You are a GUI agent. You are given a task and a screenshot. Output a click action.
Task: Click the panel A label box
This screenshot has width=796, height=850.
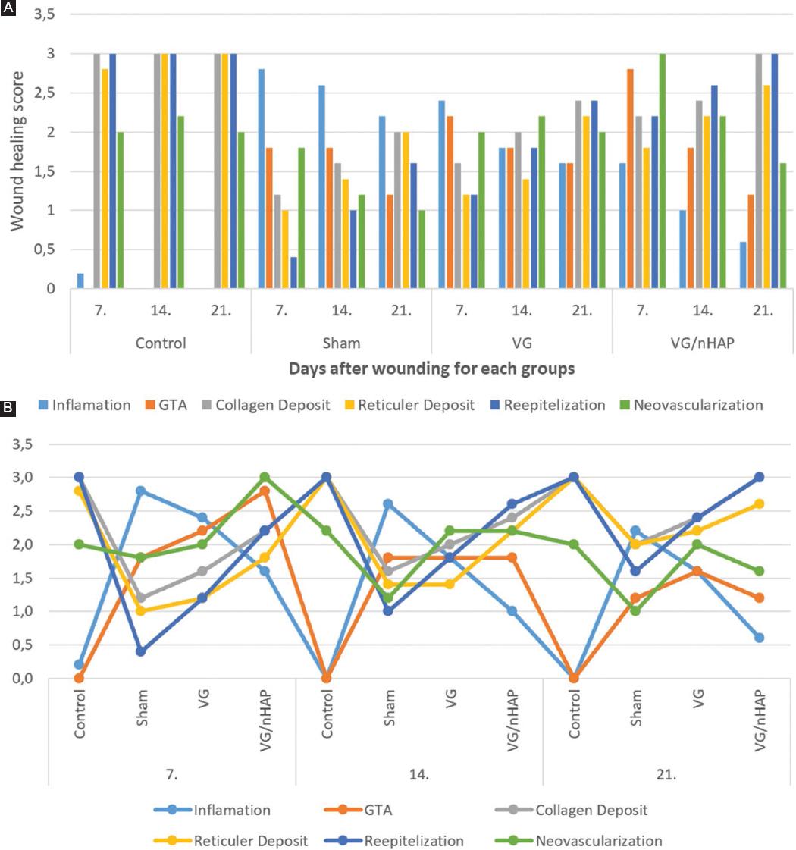[6, 6]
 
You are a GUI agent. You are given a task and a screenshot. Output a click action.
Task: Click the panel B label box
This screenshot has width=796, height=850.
[6, 408]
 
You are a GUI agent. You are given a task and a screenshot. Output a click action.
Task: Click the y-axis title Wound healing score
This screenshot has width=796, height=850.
[16, 152]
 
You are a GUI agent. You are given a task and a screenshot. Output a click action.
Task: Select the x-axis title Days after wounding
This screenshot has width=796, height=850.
[431, 369]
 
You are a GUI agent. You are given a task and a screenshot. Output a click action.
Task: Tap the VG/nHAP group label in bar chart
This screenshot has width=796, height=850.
[703, 343]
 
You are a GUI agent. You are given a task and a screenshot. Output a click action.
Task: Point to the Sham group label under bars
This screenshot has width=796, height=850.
[341, 343]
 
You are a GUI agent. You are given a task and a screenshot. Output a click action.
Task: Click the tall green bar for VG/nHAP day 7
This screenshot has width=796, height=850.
[662, 171]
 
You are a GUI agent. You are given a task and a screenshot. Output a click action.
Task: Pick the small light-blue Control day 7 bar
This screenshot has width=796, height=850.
[81, 281]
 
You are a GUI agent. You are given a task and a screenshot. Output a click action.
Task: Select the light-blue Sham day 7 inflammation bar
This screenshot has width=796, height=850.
[262, 178]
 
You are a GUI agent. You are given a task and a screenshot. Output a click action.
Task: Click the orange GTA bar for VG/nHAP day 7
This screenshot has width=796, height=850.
[630, 178]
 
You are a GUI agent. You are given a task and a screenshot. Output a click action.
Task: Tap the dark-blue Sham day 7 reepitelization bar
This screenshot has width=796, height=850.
[293, 273]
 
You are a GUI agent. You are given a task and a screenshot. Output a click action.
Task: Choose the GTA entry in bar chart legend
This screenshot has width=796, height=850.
[164, 405]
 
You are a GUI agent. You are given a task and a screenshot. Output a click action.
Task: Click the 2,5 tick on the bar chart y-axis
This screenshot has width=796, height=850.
[44, 93]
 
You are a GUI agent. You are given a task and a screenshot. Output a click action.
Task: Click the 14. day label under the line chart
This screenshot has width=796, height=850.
[419, 776]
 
